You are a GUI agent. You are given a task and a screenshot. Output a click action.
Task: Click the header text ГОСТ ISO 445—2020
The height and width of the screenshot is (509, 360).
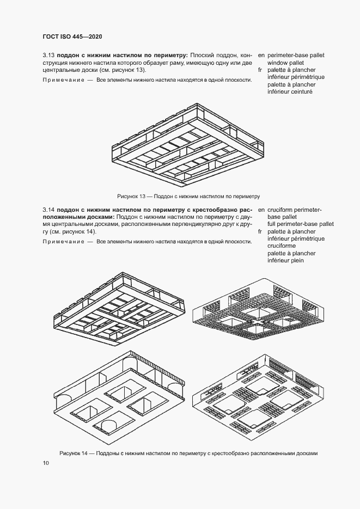coord(72,36)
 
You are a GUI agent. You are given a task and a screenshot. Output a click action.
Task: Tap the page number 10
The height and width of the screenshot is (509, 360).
coord(45,463)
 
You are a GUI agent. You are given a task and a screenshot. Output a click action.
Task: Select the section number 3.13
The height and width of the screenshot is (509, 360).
coord(48,55)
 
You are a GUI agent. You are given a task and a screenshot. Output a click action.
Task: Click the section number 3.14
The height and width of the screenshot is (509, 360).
coord(48,210)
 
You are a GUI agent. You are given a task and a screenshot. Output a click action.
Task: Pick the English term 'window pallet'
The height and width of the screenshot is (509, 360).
coord(286,63)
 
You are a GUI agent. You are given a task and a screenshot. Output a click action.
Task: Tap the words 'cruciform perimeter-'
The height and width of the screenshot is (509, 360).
coord(295,210)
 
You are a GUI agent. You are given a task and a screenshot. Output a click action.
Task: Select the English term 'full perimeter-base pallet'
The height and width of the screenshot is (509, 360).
coord(301,224)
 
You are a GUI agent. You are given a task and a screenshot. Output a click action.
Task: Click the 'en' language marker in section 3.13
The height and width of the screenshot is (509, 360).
coord(261,56)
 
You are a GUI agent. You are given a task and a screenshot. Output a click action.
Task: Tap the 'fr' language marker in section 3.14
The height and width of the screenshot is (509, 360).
coord(261,231)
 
